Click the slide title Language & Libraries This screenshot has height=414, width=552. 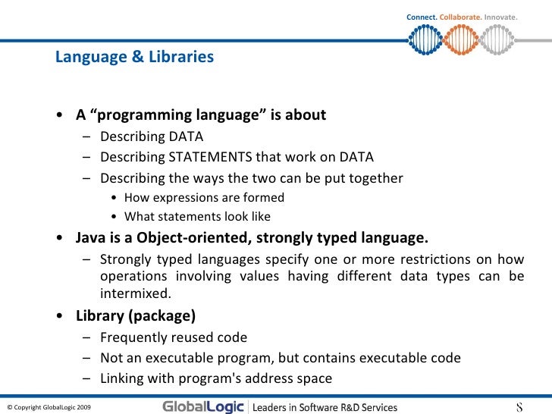pos(134,57)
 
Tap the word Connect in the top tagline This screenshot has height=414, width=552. pos(422,17)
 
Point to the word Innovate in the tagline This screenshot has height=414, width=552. pos(500,17)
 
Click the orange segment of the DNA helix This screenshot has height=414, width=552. pos(462,37)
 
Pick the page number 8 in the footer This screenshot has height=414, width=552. pos(519,406)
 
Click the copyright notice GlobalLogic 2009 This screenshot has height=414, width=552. pos(49,407)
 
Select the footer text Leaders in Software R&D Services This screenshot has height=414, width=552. pos(325,407)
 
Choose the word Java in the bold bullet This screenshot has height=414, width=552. pos(90,237)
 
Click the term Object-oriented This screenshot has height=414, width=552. pos(188,237)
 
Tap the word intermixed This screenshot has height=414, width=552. pos(134,293)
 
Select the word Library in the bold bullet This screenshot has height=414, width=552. pos(99,315)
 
